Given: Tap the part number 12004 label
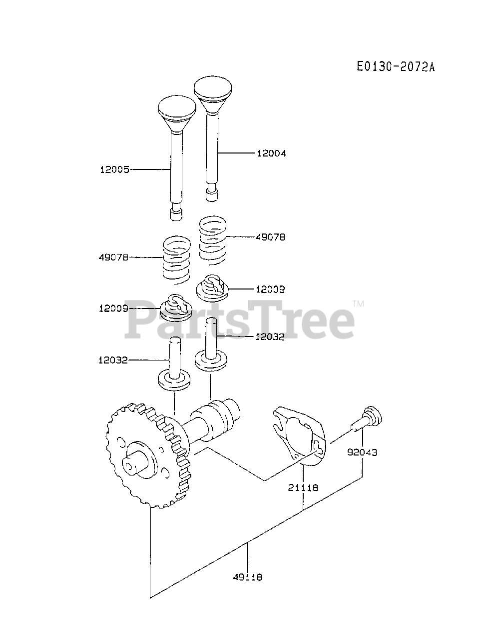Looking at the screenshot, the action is (x=271, y=153).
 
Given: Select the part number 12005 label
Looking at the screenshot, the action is (x=114, y=170).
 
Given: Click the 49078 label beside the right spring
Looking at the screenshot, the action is (x=270, y=237).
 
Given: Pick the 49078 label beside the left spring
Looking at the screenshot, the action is (x=113, y=257).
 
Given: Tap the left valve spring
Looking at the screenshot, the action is (x=177, y=258).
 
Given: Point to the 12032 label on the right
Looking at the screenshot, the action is (x=270, y=336).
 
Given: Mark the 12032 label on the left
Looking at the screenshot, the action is (x=113, y=360).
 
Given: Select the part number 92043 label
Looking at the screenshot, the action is (x=362, y=452).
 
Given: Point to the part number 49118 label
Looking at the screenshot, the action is (x=247, y=577).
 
